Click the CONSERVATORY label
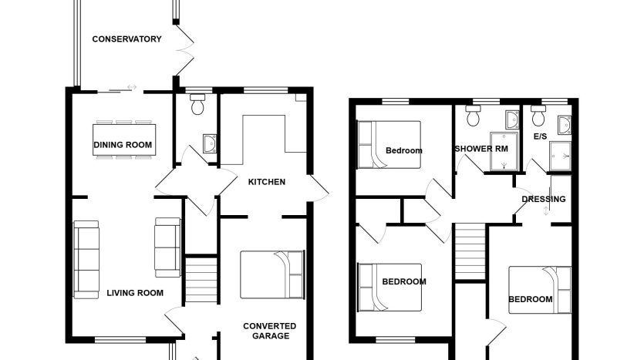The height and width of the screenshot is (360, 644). [126, 39]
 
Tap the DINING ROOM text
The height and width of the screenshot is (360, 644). [123, 145]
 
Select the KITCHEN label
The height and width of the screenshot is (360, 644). [267, 182]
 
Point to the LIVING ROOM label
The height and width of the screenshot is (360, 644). [135, 293]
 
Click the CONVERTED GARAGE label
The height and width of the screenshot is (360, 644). [270, 331]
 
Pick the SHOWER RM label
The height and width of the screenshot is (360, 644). [481, 149]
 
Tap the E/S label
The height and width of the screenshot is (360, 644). [540, 136]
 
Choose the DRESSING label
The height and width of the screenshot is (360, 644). [544, 199]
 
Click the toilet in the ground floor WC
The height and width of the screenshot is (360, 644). [198, 104]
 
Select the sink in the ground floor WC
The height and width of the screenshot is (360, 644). [210, 143]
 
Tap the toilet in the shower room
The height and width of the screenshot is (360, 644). [473, 116]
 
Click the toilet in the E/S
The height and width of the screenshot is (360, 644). [538, 116]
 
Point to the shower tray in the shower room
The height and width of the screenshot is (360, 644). [504, 151]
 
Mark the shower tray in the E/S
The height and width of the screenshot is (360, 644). [560, 156]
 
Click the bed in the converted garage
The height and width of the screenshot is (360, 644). [272, 274]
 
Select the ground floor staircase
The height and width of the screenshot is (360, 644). [201, 280]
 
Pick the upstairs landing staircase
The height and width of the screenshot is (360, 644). [470, 251]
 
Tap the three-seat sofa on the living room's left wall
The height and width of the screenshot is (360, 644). [86, 260]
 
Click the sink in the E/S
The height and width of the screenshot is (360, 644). [565, 125]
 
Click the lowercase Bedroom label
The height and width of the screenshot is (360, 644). [403, 150]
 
